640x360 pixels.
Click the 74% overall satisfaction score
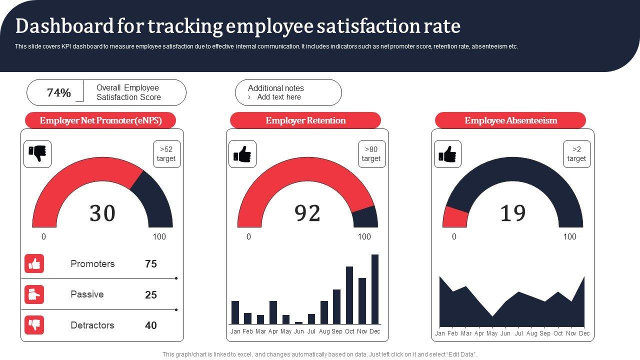[x=59, y=93]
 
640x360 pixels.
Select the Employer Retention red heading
[x=305, y=120]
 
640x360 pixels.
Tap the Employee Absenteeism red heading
[x=510, y=120]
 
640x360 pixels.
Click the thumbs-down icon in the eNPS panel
[x=37, y=154]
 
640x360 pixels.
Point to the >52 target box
[x=166, y=154]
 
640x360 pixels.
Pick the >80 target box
[x=371, y=154]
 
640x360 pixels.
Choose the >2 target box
[x=576, y=154]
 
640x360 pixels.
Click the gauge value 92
[x=307, y=213]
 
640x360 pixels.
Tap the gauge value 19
[x=513, y=213]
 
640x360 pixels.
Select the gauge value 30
[x=102, y=213]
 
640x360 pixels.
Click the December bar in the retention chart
[x=375, y=289]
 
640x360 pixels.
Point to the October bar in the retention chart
[x=349, y=295]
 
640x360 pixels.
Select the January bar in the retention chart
[x=235, y=312]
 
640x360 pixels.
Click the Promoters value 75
[x=151, y=264]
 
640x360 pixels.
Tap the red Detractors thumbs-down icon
[x=34, y=325]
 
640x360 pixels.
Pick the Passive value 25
[x=151, y=295]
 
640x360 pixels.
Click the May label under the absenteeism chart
[x=492, y=333]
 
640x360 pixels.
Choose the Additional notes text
[x=276, y=88]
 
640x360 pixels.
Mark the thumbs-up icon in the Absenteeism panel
[x=447, y=154]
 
